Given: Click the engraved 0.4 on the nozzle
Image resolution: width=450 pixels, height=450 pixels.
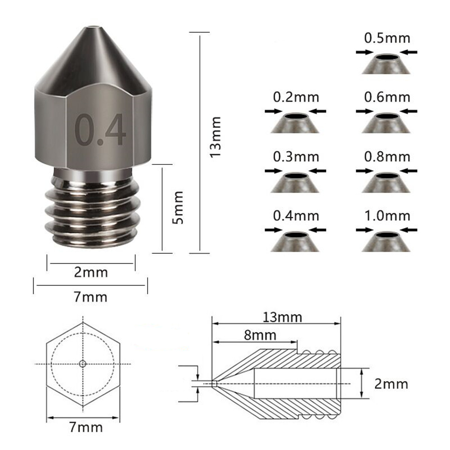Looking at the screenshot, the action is pos(100,129).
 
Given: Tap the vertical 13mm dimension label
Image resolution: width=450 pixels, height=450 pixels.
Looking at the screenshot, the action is pos(215,137).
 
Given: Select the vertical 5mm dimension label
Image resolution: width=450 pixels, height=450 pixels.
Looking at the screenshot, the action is pos(178,207).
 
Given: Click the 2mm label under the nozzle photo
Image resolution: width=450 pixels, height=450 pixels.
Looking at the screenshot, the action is pos(91,272).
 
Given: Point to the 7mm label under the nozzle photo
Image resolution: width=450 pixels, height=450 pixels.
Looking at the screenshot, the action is pos(91,297).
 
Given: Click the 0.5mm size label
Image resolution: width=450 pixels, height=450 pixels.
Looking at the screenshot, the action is pos(387,38).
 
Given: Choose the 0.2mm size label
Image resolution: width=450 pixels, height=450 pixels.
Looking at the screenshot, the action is pos(296,97).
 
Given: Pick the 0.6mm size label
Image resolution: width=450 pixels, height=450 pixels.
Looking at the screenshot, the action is pos(387,97).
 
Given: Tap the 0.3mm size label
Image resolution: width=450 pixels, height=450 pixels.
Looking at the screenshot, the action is pos(296,157).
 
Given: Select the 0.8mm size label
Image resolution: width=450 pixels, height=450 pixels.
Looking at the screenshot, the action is pos(387,157).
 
